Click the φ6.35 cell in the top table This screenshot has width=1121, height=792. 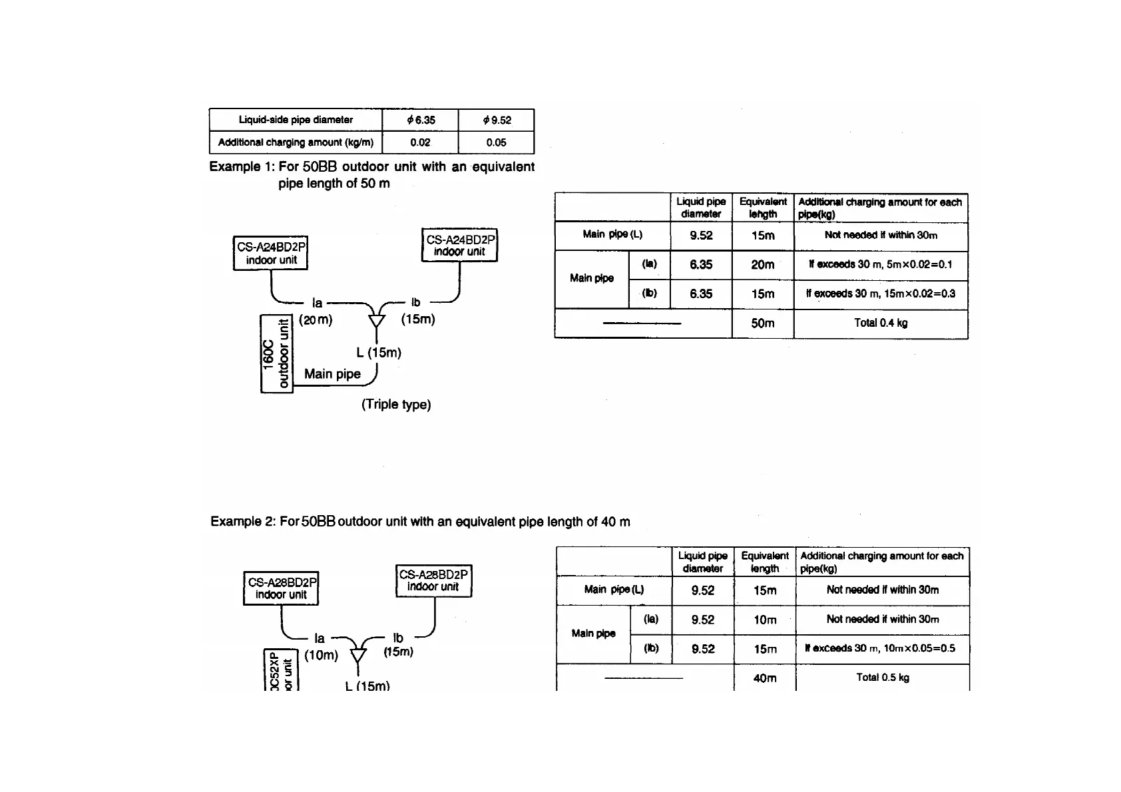coord(420,120)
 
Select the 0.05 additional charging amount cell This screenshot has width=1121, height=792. coord(496,142)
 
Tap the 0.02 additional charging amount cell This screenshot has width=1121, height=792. coord(420,142)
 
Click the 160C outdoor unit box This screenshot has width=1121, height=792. coord(276,353)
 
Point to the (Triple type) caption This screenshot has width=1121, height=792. coord(396,405)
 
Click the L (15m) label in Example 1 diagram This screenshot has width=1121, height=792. coord(379,353)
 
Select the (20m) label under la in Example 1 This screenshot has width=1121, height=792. coord(316,320)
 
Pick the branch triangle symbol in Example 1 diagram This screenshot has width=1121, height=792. coord(377,320)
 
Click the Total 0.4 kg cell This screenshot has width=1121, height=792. coord(881,323)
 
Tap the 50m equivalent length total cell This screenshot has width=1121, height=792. coord(763,323)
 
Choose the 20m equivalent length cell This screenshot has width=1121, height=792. coord(763,265)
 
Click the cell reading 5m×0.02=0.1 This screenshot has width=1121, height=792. coord(881,265)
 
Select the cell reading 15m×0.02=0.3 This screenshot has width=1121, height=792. coord(881,294)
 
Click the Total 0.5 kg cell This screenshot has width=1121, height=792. coord(883,678)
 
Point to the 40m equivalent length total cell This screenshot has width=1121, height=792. coord(765,678)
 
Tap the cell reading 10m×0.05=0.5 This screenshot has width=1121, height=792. coord(883,648)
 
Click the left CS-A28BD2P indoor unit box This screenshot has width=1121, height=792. coord(281,588)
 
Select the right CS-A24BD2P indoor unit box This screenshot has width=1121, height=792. coord(459,246)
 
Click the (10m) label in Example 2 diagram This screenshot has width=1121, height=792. coord(321,656)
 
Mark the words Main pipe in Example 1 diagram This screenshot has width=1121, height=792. coord(332,374)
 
